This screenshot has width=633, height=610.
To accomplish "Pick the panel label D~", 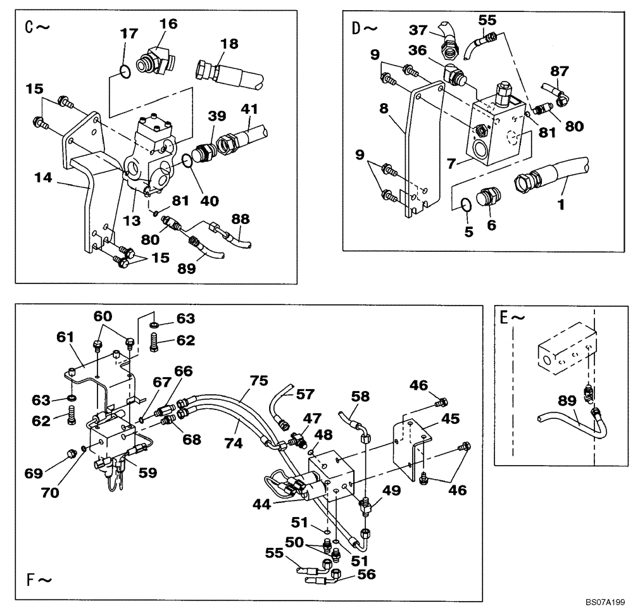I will [x=364, y=28].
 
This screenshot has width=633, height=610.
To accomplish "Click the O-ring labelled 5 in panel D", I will [x=466, y=205].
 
